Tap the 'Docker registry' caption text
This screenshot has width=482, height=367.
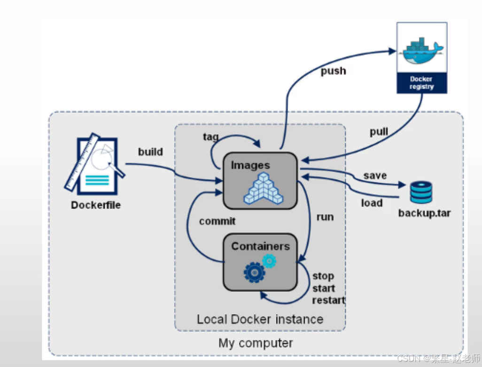(x=421, y=83)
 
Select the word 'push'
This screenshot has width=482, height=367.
(x=333, y=71)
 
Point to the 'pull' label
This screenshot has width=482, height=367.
(x=379, y=132)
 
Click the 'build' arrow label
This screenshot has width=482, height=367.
(x=150, y=152)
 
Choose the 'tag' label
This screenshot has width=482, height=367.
(x=211, y=137)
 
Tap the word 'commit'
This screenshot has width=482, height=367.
(x=217, y=221)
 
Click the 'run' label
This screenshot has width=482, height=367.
(x=325, y=217)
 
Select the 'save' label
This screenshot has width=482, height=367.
(x=375, y=176)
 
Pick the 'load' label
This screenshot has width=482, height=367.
(x=372, y=203)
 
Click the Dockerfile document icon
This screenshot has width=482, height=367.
(x=95, y=164)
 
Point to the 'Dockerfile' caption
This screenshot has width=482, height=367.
(x=96, y=205)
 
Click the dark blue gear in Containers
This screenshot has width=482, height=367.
(x=255, y=272)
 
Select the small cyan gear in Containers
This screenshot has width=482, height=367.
(x=269, y=261)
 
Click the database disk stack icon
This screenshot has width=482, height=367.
(x=421, y=192)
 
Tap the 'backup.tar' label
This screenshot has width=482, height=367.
(x=425, y=213)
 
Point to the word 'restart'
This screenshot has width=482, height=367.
(x=328, y=300)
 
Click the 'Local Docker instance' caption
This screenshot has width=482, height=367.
(x=260, y=320)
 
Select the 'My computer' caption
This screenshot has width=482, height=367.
(x=256, y=343)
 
